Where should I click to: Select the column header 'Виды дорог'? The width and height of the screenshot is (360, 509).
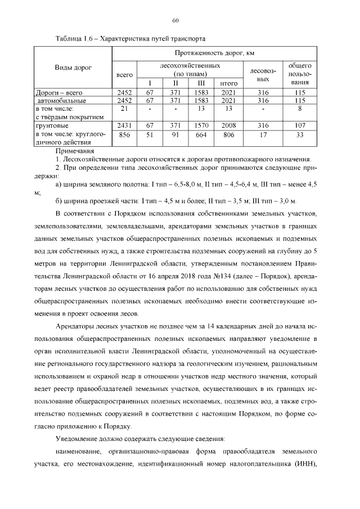click(73, 68)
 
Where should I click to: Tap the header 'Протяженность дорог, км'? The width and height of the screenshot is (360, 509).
click(215, 53)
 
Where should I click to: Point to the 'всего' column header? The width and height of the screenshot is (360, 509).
click(124, 74)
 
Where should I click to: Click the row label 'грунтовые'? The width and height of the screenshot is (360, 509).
click(52, 125)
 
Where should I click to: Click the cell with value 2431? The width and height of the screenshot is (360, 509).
click(124, 125)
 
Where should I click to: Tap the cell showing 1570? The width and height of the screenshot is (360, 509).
click(201, 125)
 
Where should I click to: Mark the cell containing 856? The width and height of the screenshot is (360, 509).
click(124, 135)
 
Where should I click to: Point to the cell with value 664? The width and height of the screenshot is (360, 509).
click(201, 135)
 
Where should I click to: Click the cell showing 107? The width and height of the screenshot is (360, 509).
click(300, 125)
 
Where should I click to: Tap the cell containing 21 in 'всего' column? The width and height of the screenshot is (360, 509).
click(124, 108)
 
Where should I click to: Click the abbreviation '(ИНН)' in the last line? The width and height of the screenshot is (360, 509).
click(304, 464)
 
